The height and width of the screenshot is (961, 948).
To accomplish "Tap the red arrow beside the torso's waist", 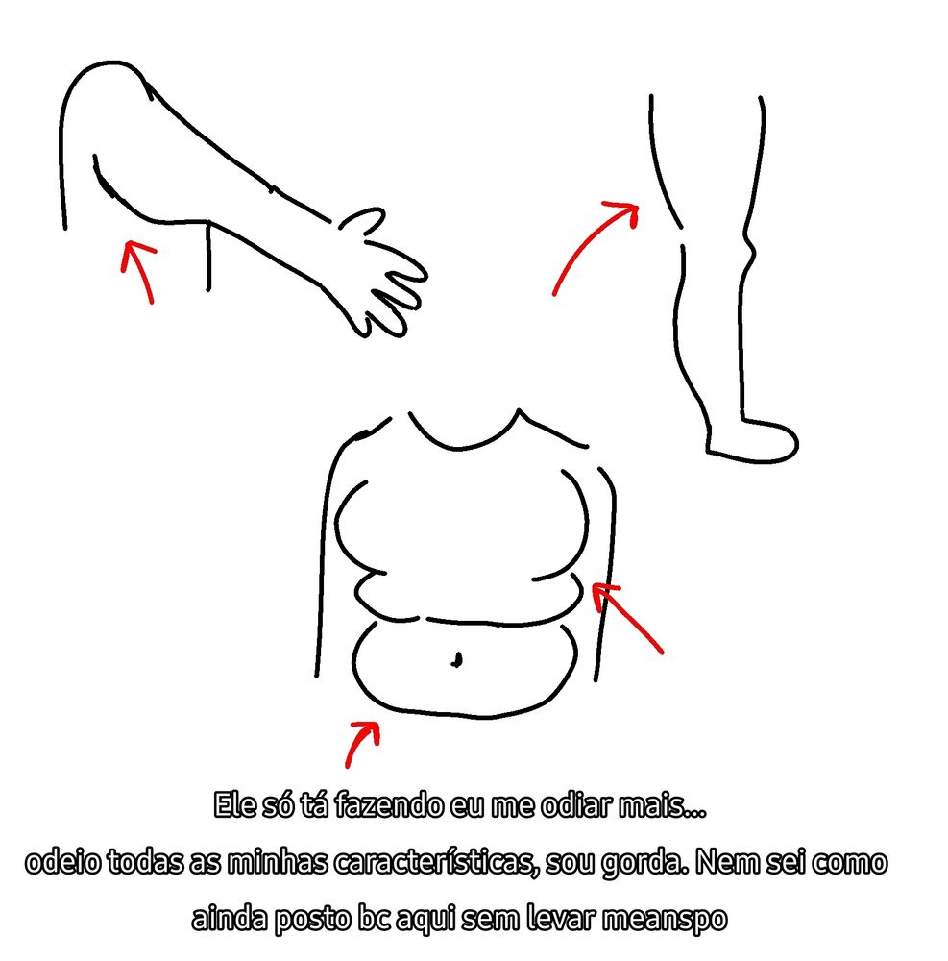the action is click(626, 617).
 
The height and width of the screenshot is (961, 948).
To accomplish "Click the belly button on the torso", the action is click(456, 659).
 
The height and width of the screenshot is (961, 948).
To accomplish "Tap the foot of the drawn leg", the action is click(753, 441).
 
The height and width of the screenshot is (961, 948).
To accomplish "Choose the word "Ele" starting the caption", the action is click(234, 804).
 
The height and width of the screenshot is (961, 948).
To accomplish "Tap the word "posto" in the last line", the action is click(312, 920).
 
